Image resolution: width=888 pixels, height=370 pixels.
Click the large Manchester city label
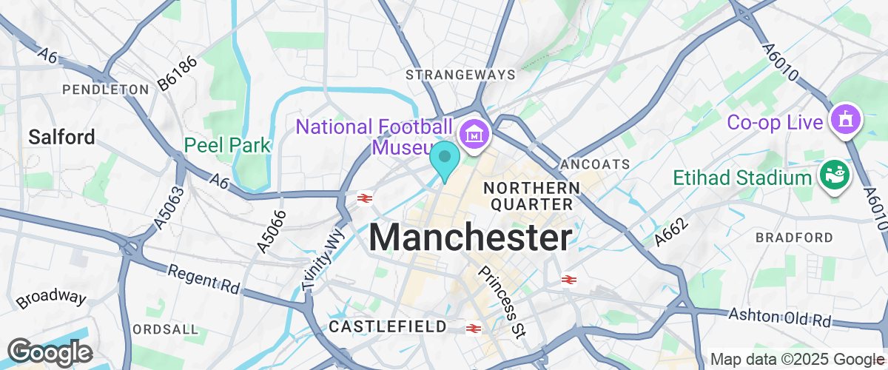coord(471,238)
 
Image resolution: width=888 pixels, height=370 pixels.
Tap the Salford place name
coord(62,137)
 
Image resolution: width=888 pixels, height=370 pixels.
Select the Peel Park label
coord(228,144)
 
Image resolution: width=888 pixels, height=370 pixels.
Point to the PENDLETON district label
coord(106,90)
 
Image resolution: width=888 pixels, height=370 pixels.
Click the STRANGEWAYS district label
coord(460,75)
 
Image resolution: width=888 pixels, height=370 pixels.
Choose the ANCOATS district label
coord(595,164)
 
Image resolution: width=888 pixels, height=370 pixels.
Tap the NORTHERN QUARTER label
coord(531,195)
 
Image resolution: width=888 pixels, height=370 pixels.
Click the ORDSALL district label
coord(166,329)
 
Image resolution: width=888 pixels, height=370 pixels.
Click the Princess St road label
coord(501,299)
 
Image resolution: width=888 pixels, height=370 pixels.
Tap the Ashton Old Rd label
coord(780,317)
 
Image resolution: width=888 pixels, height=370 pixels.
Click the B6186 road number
coord(178,75)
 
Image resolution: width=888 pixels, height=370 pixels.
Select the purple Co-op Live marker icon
coord(845,119)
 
